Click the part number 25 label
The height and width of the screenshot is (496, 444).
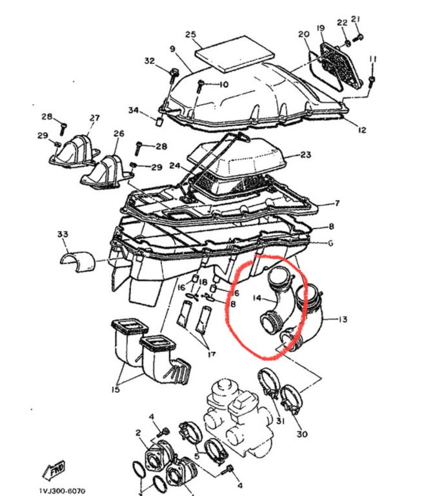[x=190, y=34]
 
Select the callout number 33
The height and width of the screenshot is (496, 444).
[x=63, y=234]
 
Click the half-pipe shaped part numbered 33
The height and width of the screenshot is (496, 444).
[x=77, y=261]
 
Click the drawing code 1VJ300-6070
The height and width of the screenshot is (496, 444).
[x=63, y=491]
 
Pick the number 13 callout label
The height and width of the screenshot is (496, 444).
[x=342, y=319]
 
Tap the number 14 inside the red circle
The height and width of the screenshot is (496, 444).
[x=257, y=298]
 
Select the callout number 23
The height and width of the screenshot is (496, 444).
[x=306, y=155]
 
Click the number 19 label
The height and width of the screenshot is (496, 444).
[x=321, y=28]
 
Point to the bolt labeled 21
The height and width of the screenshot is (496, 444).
[x=358, y=37]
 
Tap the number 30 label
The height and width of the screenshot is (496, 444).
[x=302, y=434]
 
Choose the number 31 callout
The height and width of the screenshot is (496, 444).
[x=280, y=420]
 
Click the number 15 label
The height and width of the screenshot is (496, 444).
[x=116, y=389]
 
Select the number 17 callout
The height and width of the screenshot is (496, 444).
[x=212, y=355]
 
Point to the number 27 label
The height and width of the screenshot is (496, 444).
[x=94, y=118]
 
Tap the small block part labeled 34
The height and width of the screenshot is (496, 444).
[x=160, y=121]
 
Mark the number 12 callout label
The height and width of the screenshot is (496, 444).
[x=362, y=130]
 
